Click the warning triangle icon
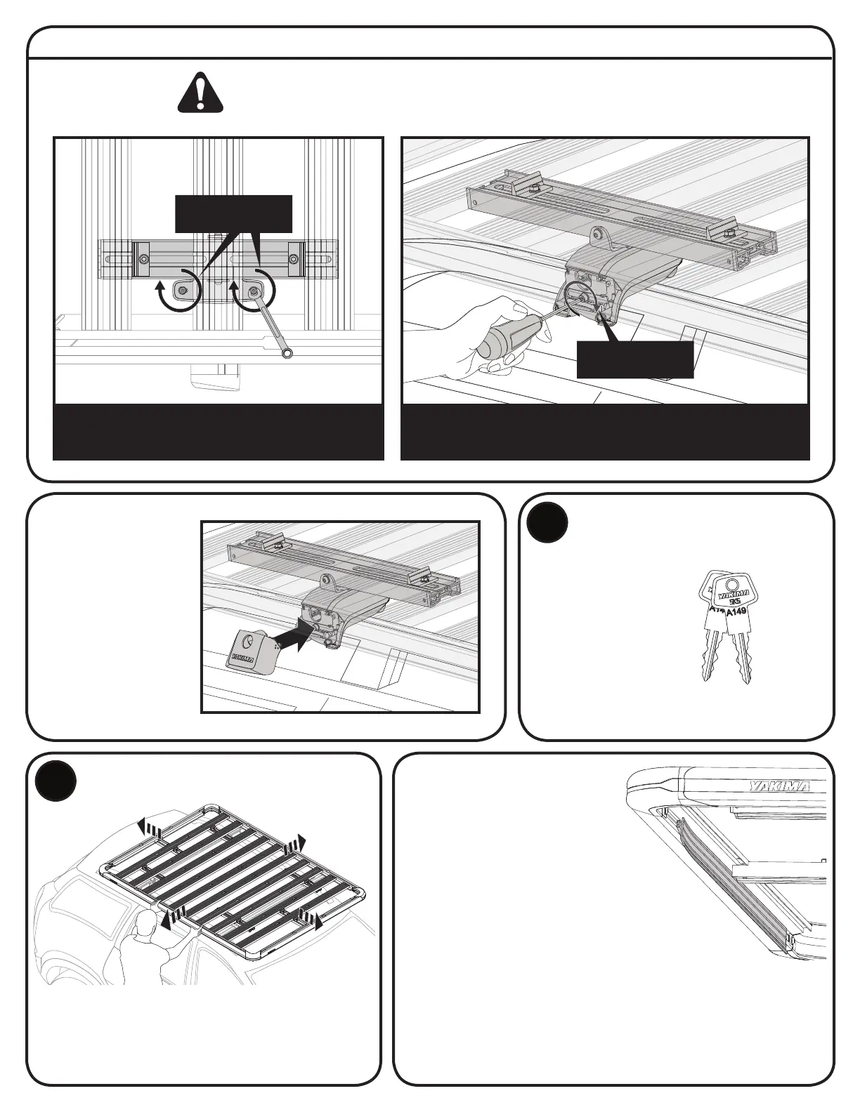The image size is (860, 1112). pyautogui.click(x=200, y=93)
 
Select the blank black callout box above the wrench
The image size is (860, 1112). pyautogui.click(x=233, y=213)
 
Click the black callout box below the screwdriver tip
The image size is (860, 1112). pyautogui.click(x=635, y=359)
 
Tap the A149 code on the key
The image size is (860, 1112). pyautogui.click(x=736, y=611)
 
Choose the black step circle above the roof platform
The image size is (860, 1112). pyautogui.click(x=56, y=780)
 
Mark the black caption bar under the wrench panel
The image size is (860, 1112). pyautogui.click(x=219, y=432)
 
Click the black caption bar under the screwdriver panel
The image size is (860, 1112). pyautogui.click(x=605, y=432)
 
